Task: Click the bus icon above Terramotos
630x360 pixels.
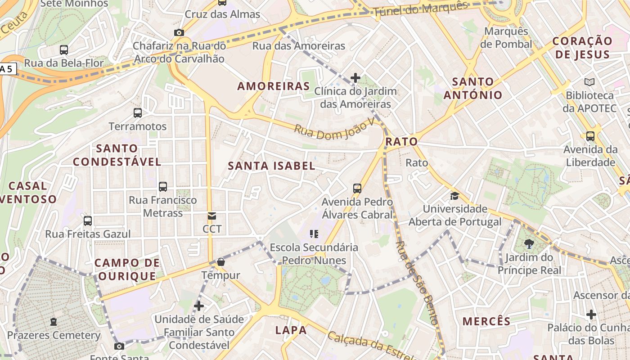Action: [x=138, y=113]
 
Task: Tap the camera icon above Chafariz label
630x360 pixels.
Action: [x=179, y=32]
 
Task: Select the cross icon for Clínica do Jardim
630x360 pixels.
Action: [x=355, y=78]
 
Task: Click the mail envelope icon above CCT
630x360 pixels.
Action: [x=212, y=216]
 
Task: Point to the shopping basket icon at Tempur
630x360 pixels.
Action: [x=221, y=262]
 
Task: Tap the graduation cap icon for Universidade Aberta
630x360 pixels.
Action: [x=454, y=196]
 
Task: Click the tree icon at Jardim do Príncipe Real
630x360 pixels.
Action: [x=529, y=244]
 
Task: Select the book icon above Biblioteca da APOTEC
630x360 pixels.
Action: [x=589, y=82]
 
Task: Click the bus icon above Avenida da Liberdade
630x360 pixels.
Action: [x=590, y=136]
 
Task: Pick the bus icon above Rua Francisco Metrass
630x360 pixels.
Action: [x=163, y=186]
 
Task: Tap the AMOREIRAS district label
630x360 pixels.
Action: [x=274, y=86]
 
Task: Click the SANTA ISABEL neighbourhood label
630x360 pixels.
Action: [x=271, y=166]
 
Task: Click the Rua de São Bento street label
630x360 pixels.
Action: [x=416, y=283]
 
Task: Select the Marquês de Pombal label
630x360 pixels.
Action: [x=506, y=38]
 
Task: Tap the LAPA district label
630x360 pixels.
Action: [x=291, y=330]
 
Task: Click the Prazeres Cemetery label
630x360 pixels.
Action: [x=54, y=335]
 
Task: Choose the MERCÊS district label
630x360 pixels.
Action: [x=486, y=321]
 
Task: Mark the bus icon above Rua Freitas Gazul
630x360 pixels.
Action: [x=88, y=221]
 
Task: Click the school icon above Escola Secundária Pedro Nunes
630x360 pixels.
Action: [x=314, y=234]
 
